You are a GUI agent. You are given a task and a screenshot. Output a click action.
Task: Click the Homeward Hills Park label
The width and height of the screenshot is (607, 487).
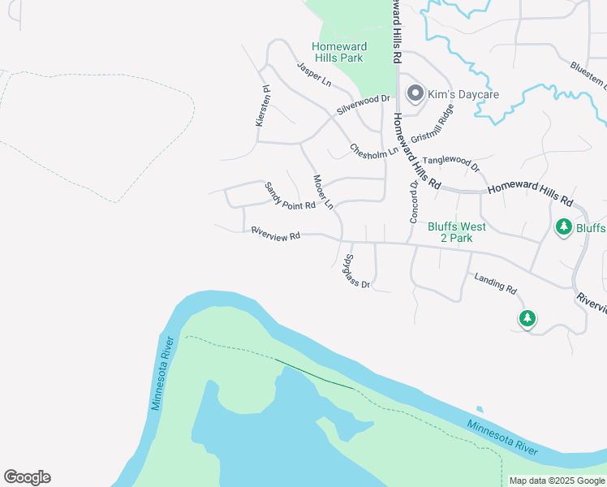click(x=338, y=52)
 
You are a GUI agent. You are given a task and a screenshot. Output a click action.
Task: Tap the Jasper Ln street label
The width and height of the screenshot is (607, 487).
click(x=314, y=75)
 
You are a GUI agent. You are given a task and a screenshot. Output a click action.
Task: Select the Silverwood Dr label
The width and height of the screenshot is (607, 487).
click(x=364, y=106)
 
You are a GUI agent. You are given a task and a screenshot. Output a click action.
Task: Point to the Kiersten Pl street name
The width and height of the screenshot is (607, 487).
click(x=261, y=106)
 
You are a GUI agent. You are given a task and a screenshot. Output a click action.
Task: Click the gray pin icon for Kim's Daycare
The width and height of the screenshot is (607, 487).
click(x=415, y=94)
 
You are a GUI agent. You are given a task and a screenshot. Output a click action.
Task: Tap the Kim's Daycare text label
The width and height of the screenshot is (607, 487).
click(x=463, y=95)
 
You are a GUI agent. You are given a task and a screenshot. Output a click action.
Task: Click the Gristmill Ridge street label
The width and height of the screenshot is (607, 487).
click(x=431, y=128)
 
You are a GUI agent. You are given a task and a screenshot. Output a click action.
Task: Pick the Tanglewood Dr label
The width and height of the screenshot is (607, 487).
click(x=451, y=162)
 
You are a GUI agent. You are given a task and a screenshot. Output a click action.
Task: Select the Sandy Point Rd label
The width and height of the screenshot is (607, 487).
click(x=289, y=196)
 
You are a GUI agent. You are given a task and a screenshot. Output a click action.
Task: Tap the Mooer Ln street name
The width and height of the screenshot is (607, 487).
click(x=323, y=192)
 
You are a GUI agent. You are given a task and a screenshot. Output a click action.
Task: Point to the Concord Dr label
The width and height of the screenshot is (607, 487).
click(x=413, y=202)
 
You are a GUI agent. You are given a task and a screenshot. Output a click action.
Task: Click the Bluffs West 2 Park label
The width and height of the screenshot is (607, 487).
click(x=450, y=232)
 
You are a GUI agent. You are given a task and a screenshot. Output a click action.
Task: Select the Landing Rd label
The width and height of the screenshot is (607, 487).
click(x=496, y=283)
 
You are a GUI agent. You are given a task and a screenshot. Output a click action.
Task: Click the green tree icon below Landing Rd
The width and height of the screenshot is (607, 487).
click(x=527, y=318)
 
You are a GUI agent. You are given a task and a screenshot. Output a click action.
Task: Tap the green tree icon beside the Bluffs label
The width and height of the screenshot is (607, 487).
click(x=564, y=227)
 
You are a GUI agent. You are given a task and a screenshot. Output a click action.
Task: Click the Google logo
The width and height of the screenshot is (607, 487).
click(x=27, y=477)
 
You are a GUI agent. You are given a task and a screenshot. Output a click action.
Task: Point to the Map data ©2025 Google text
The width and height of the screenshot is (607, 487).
click(x=557, y=481)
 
